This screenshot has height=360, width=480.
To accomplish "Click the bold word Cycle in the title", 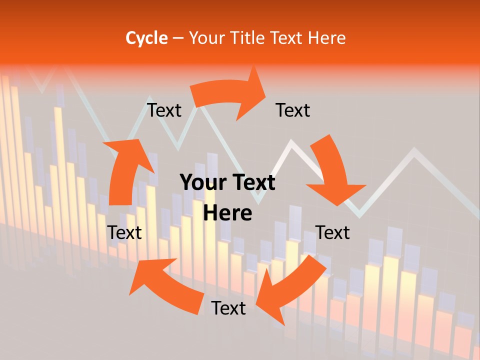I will coord(146,38).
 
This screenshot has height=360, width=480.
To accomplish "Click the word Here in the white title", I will coord(327,38).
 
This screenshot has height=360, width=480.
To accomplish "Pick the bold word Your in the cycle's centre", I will coord(203,183).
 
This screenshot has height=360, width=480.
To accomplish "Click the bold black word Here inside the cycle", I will coord(227,213).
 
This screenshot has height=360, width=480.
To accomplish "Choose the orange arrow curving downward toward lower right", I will coord(333,172).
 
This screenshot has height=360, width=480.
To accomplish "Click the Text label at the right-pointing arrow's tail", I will coord(164,110).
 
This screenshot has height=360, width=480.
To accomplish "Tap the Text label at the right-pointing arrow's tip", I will coord(293,110).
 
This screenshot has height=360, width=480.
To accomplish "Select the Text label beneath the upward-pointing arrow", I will coord(124,232).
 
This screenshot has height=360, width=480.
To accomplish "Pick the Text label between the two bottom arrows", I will coord(228,308).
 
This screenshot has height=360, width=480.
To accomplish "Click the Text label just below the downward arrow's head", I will coord(332,232).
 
